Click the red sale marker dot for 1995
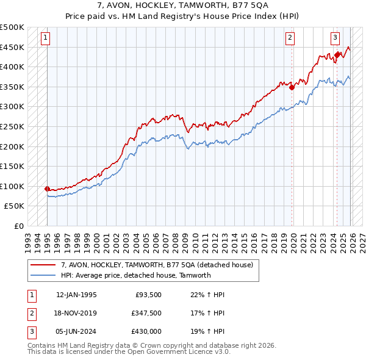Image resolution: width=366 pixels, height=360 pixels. (48, 189)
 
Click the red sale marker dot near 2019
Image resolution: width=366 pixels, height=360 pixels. (292, 87)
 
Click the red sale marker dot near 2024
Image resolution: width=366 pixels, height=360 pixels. (337, 54)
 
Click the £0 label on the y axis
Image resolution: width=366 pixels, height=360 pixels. (18, 226)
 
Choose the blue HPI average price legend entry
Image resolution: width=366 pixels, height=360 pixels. (135, 275)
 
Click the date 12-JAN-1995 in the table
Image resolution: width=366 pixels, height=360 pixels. (76, 295)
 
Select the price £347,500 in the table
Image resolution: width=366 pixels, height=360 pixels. (146, 312)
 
